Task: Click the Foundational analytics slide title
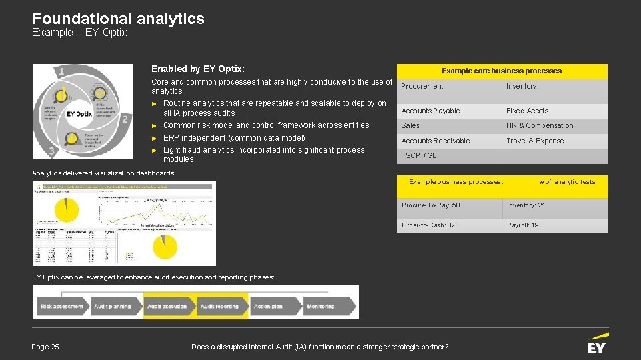118,19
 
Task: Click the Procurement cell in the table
422,87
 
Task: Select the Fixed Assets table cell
527,111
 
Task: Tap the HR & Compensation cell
539,125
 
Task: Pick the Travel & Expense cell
534,141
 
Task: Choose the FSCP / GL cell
418,155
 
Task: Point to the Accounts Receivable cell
435,141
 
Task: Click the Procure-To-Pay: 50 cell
430,205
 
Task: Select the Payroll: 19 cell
522,225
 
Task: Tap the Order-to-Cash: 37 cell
428,225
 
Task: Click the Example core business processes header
501,71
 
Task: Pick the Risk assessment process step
62,307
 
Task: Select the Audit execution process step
167,307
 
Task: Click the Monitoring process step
321,307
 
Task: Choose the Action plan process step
268,307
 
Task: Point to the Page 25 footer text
45,347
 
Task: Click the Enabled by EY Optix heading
197,69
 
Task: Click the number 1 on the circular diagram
61,71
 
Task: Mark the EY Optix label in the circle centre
79,114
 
